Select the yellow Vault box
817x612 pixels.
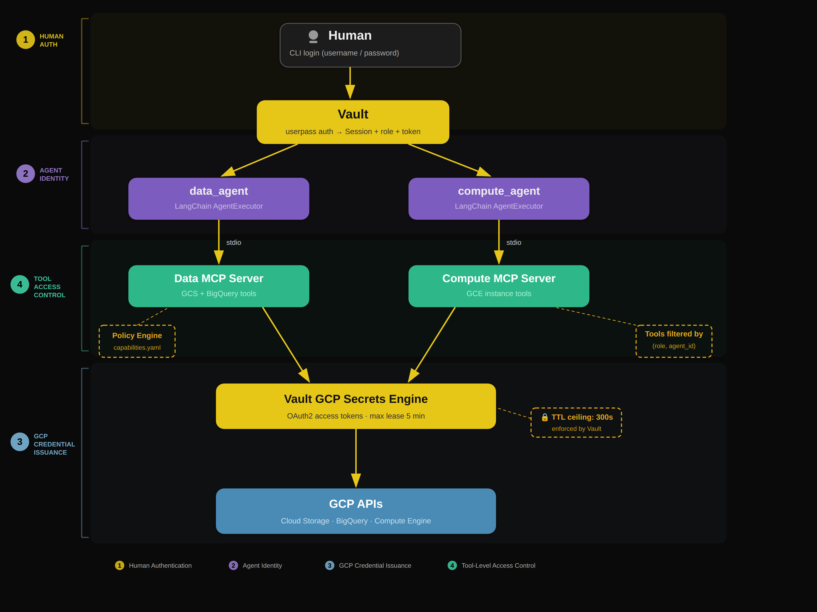tap(353, 122)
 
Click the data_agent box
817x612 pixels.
tap(219, 199)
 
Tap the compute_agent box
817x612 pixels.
tap(499, 199)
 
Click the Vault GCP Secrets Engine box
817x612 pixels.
tap(356, 406)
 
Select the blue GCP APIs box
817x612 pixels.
tap(356, 511)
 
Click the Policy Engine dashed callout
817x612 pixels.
tap(137, 341)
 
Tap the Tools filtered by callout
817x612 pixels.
tap(674, 341)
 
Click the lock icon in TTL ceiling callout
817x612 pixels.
tap(544, 417)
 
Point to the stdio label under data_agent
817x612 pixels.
tap(233, 242)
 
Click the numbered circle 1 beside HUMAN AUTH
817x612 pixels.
tap(25, 40)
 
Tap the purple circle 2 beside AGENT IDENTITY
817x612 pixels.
tap(25, 174)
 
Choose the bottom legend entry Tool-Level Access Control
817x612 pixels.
tap(491, 566)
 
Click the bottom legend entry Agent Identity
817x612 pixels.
tap(255, 566)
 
